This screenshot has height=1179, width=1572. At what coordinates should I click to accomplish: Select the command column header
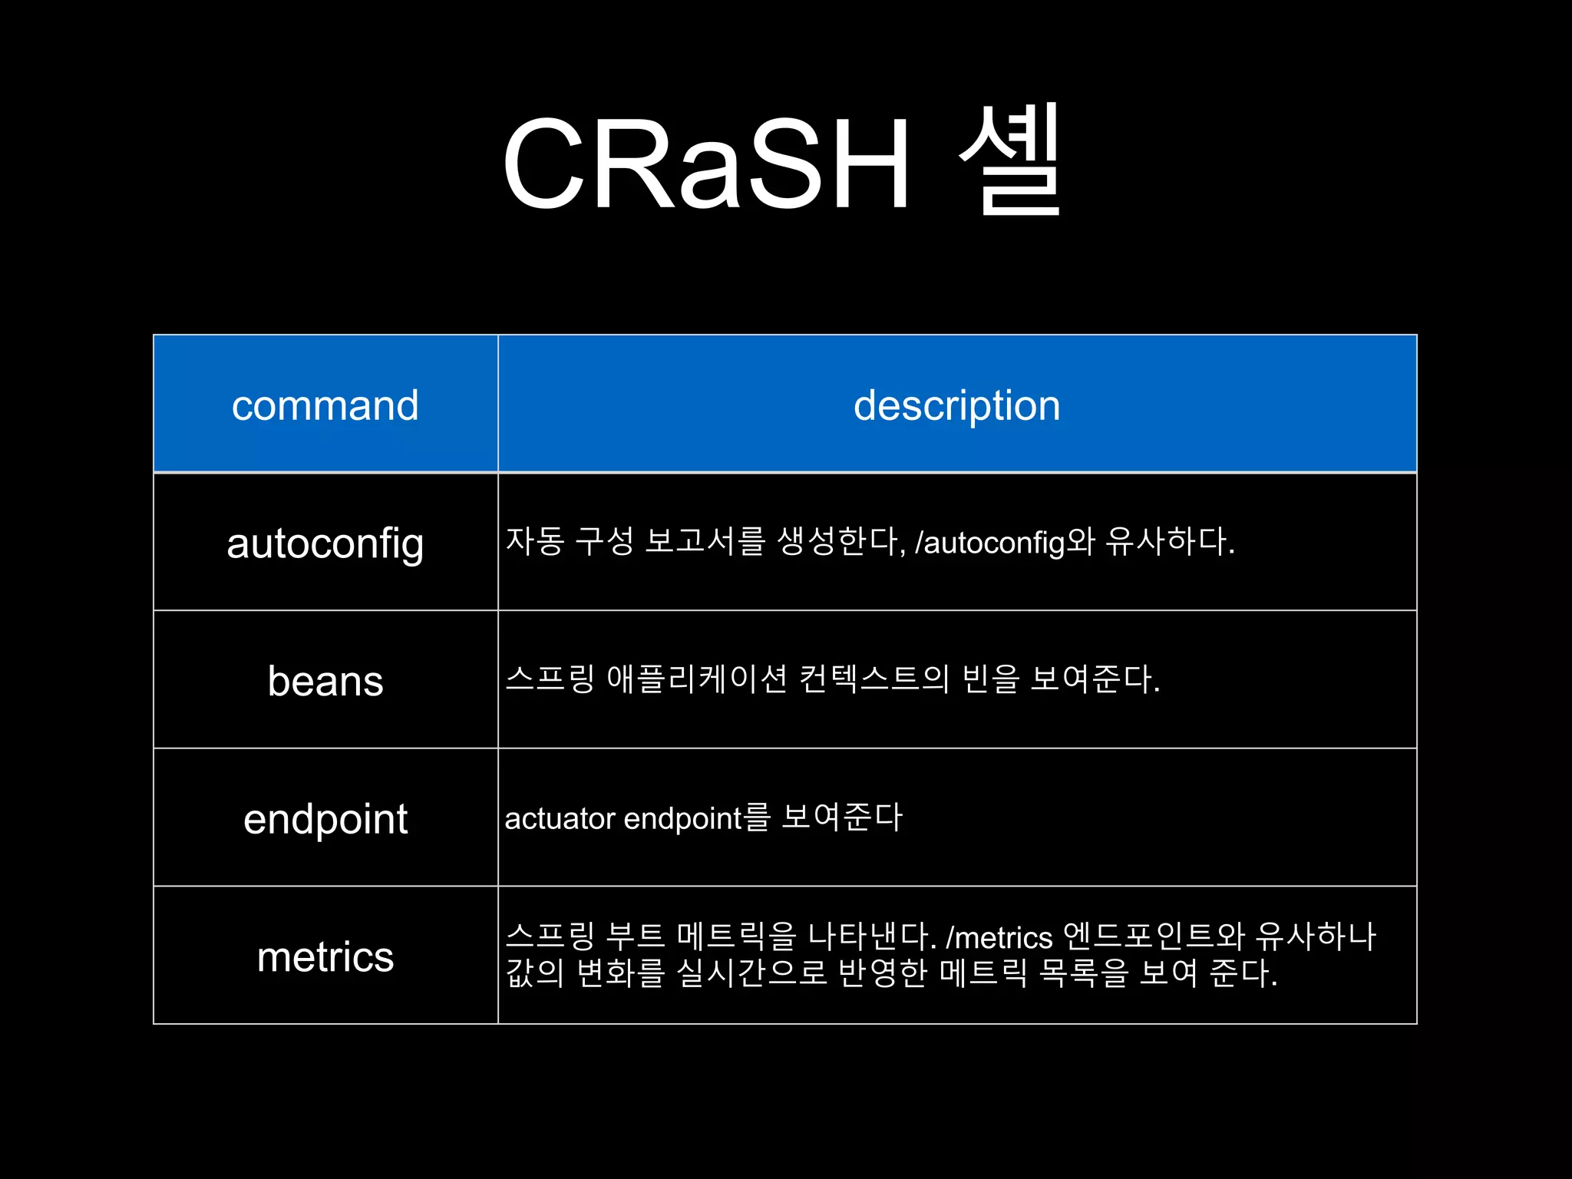click(325, 405)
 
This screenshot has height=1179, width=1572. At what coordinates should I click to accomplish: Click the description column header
click(956, 405)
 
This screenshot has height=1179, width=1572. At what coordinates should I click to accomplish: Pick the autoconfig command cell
click(325, 543)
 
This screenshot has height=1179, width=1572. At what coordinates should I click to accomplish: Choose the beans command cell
click(325, 681)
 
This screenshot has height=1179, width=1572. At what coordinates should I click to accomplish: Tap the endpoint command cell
click(325, 818)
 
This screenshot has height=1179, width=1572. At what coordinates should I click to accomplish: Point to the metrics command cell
click(325, 956)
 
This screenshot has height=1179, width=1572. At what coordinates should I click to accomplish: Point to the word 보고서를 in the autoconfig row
click(705, 541)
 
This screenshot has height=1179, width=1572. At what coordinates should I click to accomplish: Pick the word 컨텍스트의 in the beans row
click(874, 679)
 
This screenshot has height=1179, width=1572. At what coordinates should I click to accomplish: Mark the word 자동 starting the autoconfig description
click(535, 541)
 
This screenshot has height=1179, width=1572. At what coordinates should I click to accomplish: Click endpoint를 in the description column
click(697, 818)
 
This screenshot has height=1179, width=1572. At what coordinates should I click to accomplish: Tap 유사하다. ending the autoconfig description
click(1170, 542)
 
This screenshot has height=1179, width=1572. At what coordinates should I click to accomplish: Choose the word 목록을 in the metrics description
click(1083, 973)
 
